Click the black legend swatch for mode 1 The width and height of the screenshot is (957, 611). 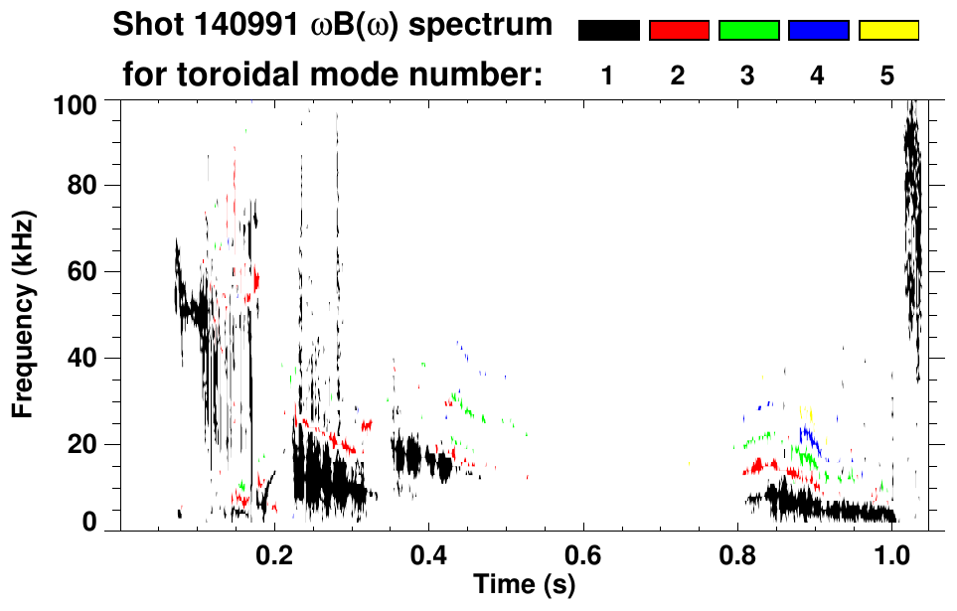(608, 31)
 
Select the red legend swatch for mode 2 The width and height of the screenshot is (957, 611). (679, 31)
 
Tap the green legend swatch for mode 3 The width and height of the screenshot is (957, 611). (748, 31)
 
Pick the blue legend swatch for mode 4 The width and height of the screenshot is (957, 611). (818, 31)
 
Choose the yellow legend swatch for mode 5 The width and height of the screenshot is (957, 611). (888, 31)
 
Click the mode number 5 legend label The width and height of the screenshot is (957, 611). (887, 76)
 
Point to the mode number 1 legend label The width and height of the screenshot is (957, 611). (607, 76)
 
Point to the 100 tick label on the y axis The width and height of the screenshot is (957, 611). (74, 103)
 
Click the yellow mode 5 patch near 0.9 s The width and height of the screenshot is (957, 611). (807, 412)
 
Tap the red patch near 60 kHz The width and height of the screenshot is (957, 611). (255, 280)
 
